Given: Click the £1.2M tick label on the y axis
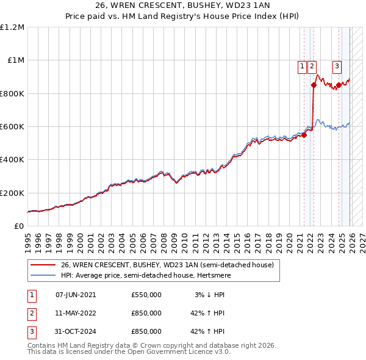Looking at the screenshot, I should pos(12,27).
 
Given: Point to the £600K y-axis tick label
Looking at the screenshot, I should pos(12,127).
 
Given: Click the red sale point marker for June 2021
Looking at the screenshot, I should pos(304,135).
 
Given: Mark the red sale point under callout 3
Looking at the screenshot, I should pos(339,85).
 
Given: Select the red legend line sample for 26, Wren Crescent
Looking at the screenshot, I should pos(43,265).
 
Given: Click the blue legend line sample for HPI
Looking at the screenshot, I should pos(43,275).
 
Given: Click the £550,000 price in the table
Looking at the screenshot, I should pos(146,295).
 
